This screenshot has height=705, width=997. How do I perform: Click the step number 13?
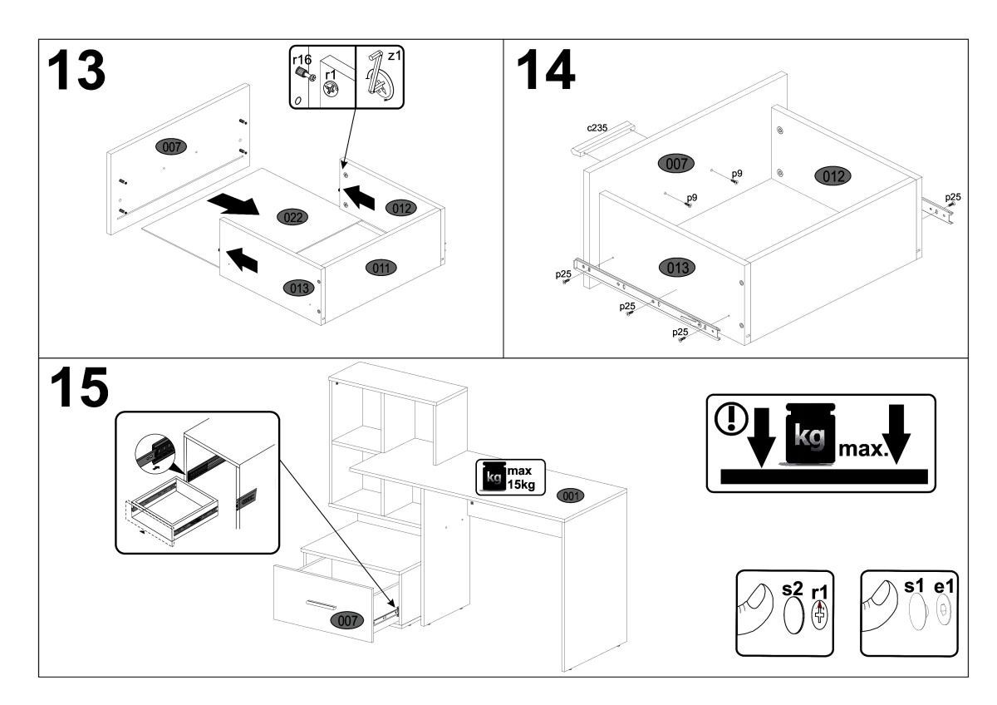click(x=76, y=71)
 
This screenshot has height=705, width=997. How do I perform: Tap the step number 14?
click(x=546, y=70)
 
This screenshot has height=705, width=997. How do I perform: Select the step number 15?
click(x=79, y=387)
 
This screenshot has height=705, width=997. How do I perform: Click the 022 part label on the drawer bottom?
click(x=292, y=217)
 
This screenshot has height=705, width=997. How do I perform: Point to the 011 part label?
click(x=381, y=268)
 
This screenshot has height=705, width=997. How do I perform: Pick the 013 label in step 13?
click(x=298, y=288)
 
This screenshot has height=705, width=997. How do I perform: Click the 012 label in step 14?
click(x=832, y=176)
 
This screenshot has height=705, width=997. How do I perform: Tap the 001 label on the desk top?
click(x=571, y=495)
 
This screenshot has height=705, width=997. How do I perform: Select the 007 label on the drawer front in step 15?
click(x=347, y=620)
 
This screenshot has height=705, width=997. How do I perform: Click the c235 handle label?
click(x=597, y=128)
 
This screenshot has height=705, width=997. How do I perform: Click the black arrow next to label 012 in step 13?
click(x=359, y=197)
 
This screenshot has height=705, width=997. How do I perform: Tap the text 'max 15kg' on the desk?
click(x=520, y=478)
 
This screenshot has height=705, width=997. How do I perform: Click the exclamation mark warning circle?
click(x=731, y=417)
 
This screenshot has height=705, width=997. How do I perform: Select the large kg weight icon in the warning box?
click(x=809, y=433)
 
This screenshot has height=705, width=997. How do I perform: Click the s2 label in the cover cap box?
click(x=793, y=589)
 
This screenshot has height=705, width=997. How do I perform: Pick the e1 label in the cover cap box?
click(x=944, y=587)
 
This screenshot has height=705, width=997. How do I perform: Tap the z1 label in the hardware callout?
click(x=395, y=56)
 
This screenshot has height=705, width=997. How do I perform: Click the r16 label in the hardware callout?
click(x=302, y=59)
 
